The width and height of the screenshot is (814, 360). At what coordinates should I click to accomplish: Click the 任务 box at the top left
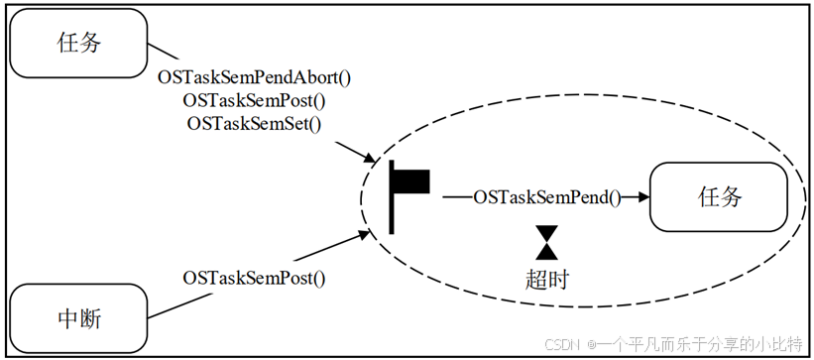(x=78, y=44)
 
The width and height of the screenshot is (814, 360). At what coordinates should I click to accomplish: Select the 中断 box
(x=78, y=319)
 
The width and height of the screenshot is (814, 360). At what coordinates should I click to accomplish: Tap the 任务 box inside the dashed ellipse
(x=720, y=196)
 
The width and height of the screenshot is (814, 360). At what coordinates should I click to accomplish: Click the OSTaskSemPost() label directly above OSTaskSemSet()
(x=255, y=100)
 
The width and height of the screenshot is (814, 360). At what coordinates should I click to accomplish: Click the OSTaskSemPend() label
(x=546, y=197)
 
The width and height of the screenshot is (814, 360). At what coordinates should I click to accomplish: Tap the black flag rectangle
(x=412, y=180)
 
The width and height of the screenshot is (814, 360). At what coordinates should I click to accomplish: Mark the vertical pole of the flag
(x=393, y=196)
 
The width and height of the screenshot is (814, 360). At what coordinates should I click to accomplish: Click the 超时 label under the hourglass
(x=546, y=279)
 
